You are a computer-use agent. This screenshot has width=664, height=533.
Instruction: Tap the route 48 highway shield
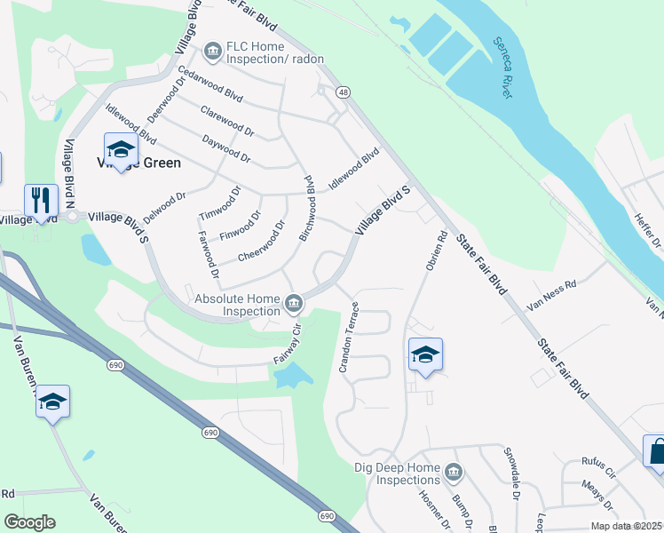[342, 92]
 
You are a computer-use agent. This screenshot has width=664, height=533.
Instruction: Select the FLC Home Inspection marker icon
[212, 52]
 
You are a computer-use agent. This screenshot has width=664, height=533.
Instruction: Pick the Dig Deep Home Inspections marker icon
[454, 470]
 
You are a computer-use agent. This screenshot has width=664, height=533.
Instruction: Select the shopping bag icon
[658, 450]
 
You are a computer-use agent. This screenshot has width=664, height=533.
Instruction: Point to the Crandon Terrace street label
[349, 337]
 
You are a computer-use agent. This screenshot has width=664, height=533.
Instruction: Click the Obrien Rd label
[435, 253]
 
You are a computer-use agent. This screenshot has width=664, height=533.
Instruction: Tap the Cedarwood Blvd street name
[209, 84]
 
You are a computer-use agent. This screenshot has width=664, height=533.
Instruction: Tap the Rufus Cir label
[597, 461]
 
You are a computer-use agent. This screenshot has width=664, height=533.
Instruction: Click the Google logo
[28, 522]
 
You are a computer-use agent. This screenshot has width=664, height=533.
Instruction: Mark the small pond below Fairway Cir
[291, 377]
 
